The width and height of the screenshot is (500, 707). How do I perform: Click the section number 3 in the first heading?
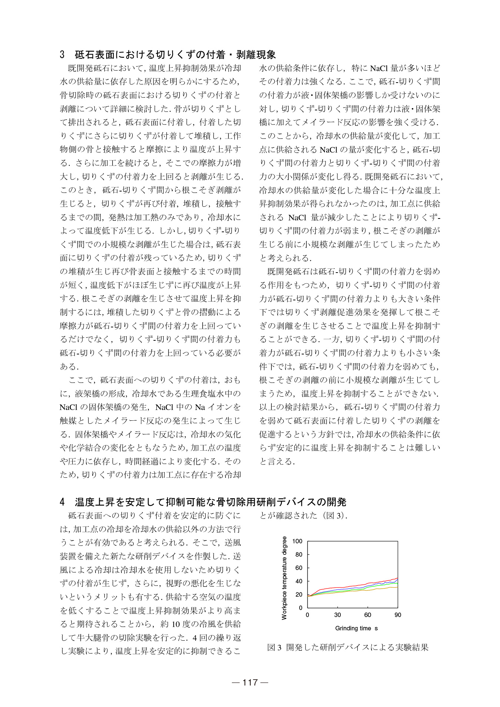pos(62,55)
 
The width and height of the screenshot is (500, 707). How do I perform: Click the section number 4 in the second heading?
pos(62,502)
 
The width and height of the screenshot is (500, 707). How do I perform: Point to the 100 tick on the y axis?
pos(297,541)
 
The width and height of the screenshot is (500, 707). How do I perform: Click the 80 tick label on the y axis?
pos(299,554)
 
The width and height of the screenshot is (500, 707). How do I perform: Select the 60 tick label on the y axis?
pos(299,568)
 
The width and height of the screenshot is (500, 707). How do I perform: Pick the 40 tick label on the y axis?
pos(299,581)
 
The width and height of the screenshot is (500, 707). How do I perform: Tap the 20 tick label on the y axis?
pos(299,594)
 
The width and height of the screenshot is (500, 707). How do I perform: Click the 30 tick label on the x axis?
pos(337,615)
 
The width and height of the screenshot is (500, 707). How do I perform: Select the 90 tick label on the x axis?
pos(398,615)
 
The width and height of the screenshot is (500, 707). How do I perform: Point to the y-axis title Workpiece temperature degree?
pos(284,578)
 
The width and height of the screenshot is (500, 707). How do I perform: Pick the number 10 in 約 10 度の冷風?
pos(176,624)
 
